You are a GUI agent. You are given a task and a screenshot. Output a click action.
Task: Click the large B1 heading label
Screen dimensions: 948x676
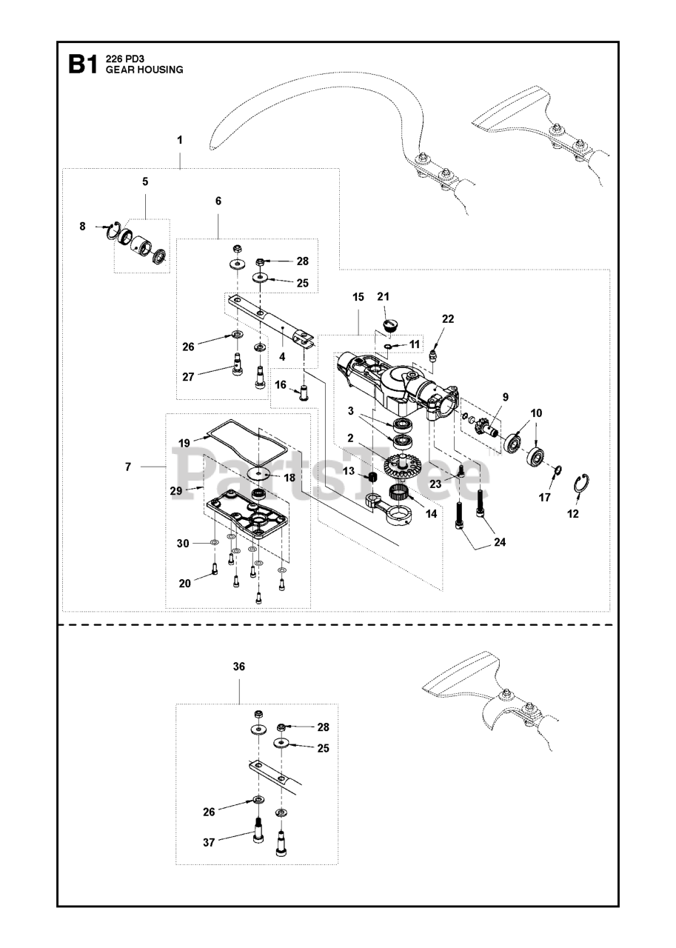click(x=82, y=66)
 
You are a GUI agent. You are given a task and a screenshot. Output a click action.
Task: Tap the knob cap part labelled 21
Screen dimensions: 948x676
click(x=391, y=324)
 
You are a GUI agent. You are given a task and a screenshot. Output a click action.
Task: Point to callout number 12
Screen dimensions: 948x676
click(x=572, y=513)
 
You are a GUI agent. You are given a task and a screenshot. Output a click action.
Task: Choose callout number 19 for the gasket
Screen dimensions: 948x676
click(x=184, y=443)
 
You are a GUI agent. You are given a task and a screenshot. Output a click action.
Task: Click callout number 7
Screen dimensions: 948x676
click(x=128, y=467)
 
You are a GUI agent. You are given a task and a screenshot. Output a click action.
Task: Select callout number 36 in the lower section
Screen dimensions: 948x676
click(x=238, y=667)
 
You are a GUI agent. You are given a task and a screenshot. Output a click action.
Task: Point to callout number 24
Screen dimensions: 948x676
click(x=500, y=542)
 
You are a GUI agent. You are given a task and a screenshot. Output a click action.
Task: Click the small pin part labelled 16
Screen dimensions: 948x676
click(x=304, y=390)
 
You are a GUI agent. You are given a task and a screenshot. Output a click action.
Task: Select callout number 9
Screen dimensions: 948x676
click(x=506, y=398)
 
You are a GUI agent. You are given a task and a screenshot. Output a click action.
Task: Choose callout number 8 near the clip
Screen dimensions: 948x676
click(x=82, y=226)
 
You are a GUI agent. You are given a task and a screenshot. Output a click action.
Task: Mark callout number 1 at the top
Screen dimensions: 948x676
click(x=180, y=139)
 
